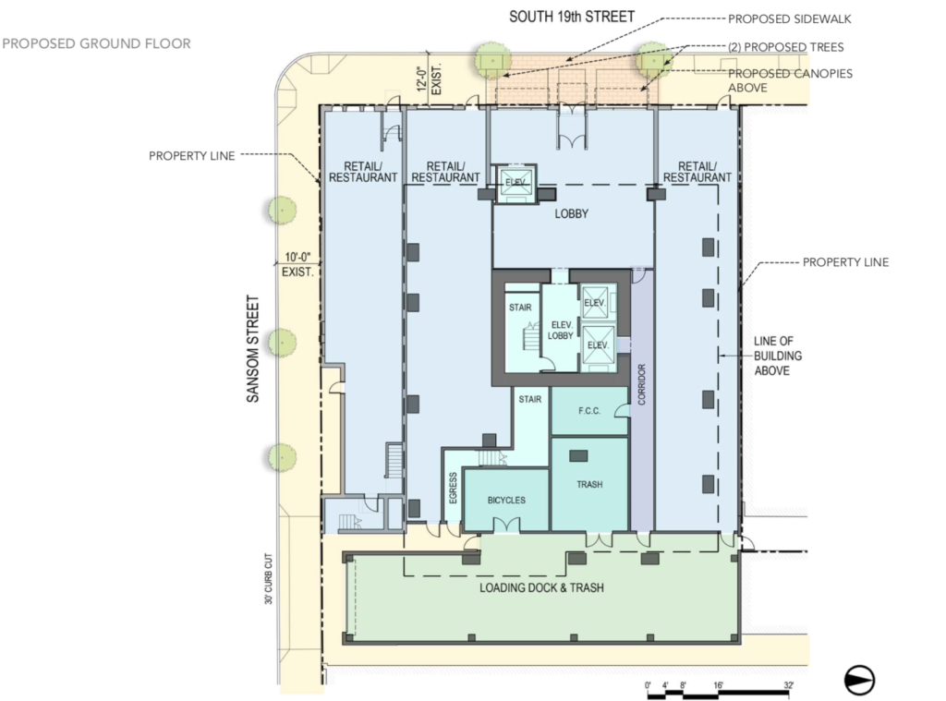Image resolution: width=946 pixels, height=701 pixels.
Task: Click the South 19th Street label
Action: point(571,17)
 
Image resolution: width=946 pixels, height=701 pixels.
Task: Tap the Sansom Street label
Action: point(253,349)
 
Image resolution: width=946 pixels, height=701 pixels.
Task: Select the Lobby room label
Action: point(571,213)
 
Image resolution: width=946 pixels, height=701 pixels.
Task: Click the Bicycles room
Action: point(506,500)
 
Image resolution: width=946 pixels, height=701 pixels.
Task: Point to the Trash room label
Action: point(589,485)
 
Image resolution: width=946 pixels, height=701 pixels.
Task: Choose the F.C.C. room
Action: point(590,411)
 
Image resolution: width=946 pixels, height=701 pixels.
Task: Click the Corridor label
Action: point(641,384)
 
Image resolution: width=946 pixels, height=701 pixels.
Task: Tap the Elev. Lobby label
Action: point(561,330)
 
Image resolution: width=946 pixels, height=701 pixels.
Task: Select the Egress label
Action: point(453,488)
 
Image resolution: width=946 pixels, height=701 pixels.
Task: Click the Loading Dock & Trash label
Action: point(541,587)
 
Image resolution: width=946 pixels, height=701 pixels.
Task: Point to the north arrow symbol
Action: point(860,680)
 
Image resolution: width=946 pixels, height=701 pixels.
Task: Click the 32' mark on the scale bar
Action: point(789,684)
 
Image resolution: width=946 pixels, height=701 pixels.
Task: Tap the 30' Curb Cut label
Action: point(269,578)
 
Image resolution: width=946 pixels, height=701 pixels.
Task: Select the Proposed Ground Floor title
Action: point(96,43)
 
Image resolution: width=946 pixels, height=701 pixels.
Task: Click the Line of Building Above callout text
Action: point(778,356)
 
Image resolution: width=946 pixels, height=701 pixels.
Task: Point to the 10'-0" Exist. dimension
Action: point(298,265)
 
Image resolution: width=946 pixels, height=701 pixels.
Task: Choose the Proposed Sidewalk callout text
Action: point(790,19)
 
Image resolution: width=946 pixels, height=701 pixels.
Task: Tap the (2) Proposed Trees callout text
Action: point(786,47)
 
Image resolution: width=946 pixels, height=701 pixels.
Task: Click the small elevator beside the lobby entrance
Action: point(515,181)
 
